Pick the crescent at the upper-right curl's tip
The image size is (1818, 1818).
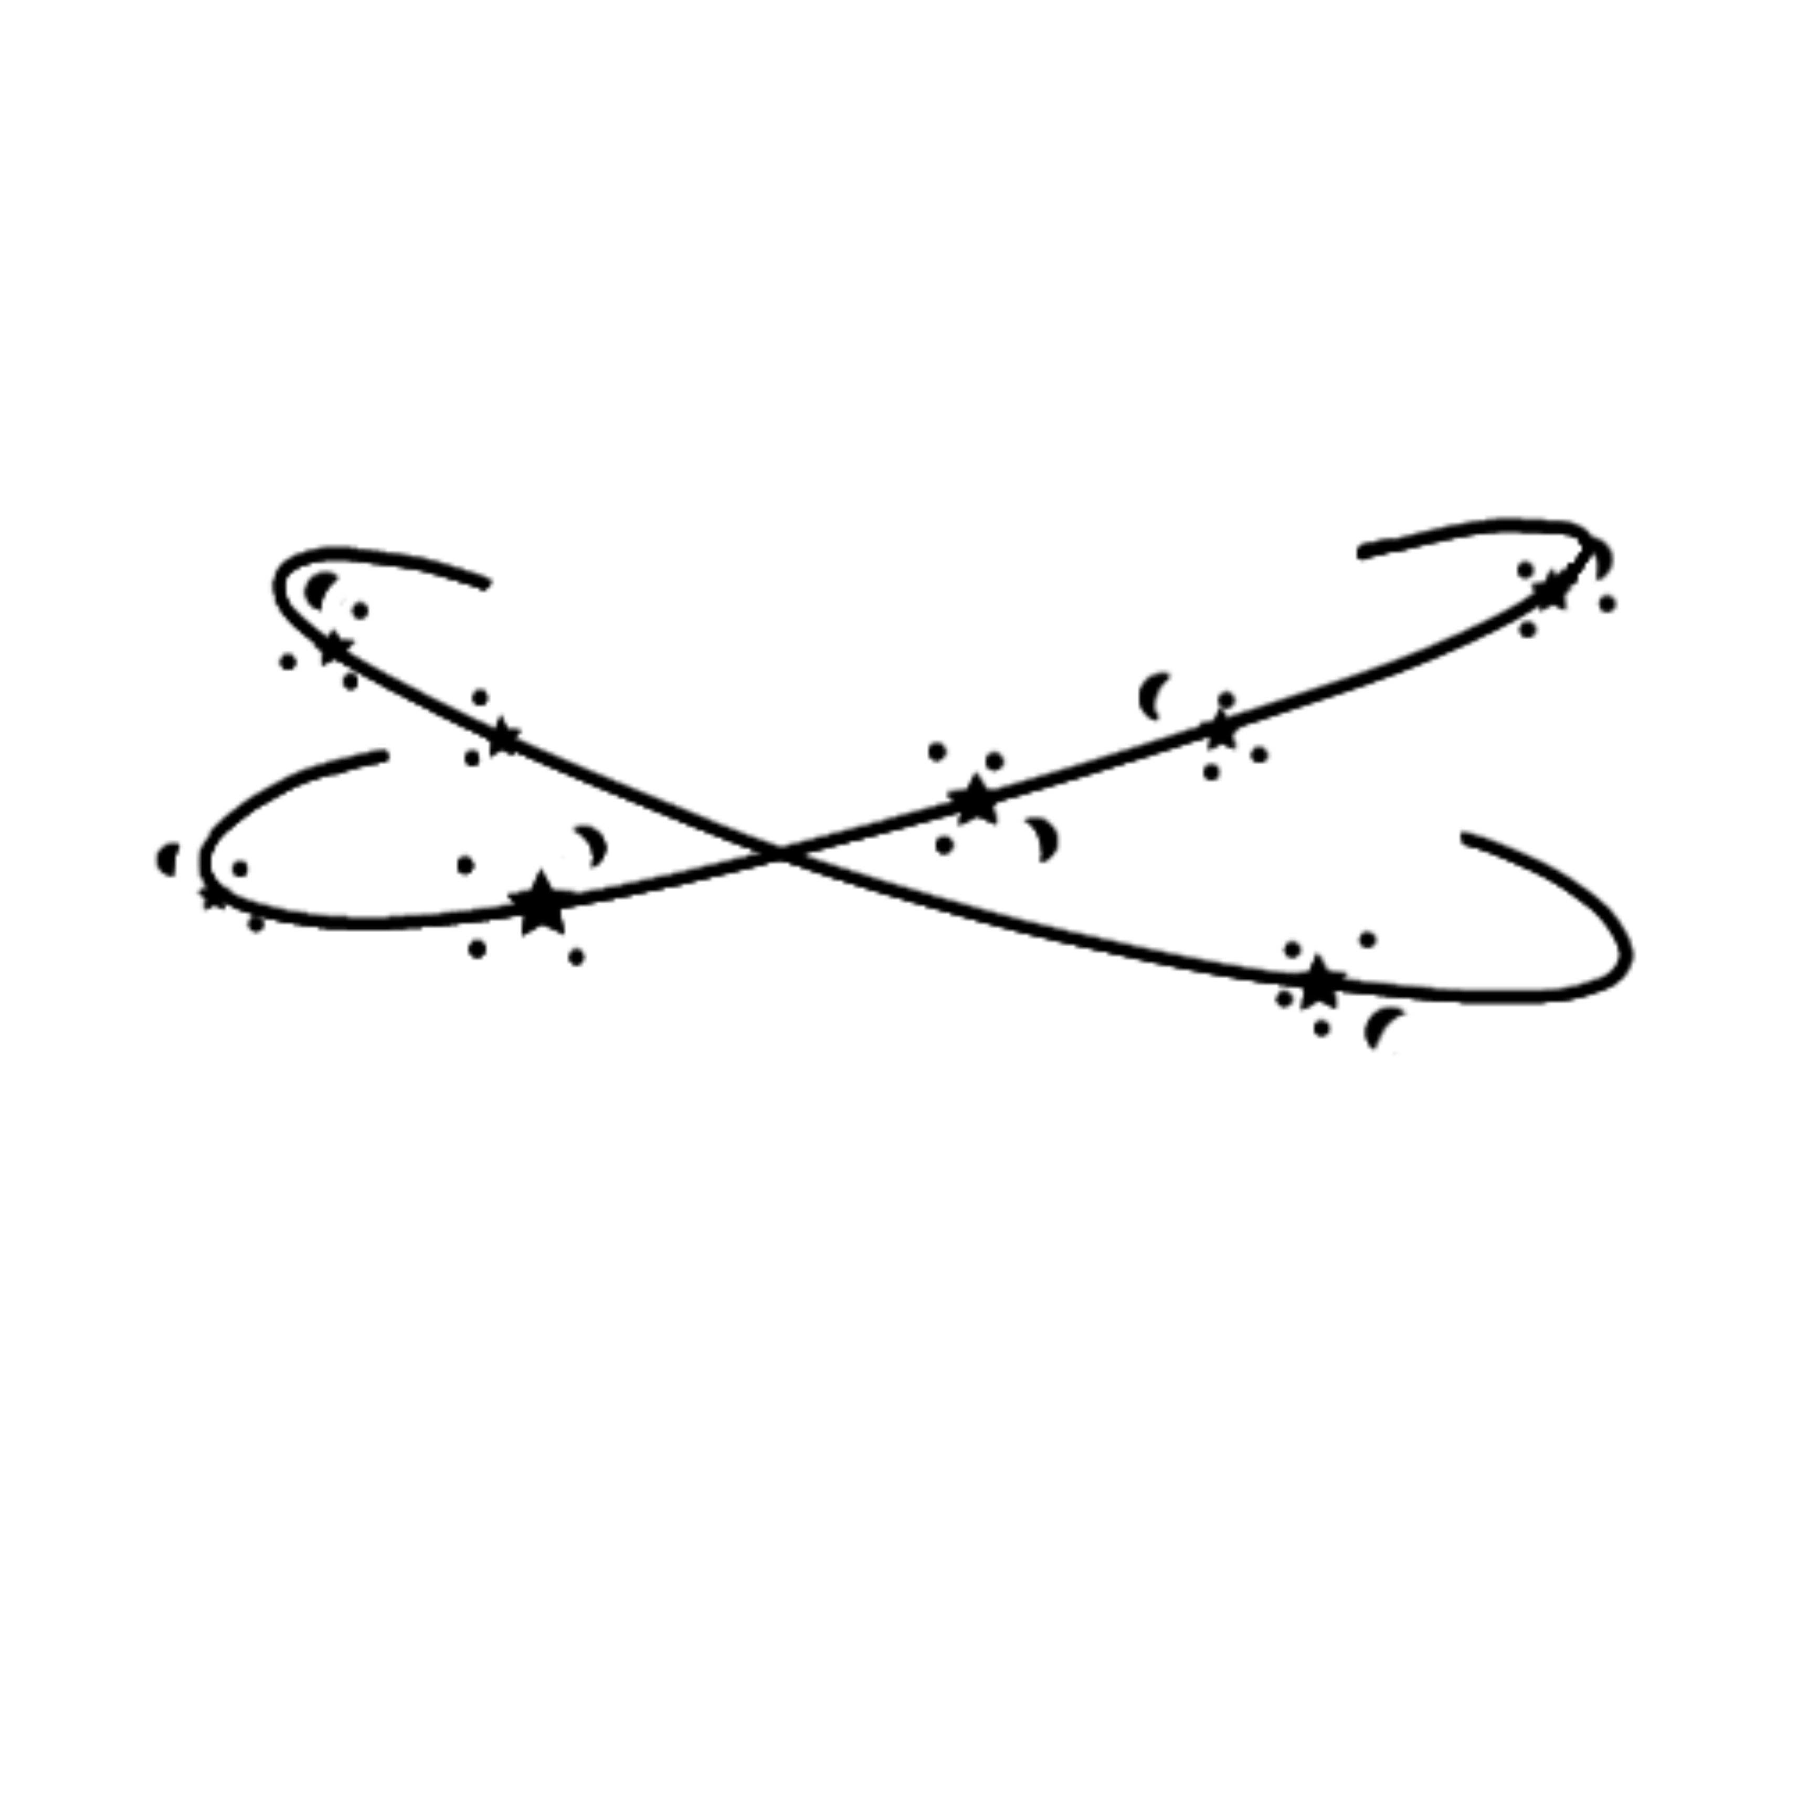[x=1602, y=557]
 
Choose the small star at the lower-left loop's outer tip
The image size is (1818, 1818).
[x=215, y=896]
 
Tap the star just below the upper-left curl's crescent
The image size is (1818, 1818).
[x=331, y=649]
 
